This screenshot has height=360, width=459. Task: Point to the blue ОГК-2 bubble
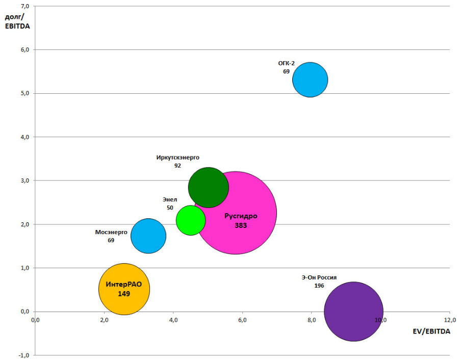[310, 80]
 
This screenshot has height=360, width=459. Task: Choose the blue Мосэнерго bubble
[148, 236]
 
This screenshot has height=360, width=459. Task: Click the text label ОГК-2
[286, 63]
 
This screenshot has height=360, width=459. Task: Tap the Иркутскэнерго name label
[177, 158]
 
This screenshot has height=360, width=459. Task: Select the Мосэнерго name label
[111, 232]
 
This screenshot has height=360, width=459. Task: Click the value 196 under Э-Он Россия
[319, 286]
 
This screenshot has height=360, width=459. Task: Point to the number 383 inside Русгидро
[241, 225]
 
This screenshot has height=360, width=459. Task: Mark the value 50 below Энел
[170, 208]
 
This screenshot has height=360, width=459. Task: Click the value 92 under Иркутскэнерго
[177, 166]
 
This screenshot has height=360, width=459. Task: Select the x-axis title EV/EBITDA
[431, 331]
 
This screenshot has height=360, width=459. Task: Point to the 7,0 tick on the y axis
[24, 6]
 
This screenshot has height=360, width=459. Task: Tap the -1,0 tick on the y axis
[23, 355]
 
